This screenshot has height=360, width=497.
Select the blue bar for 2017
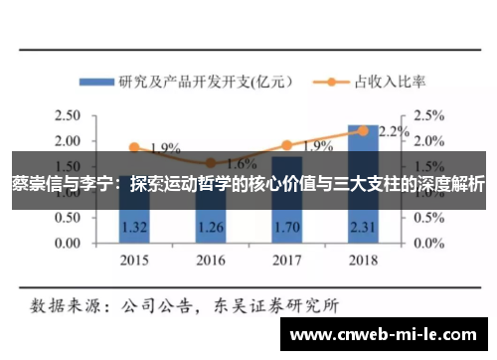click(286, 214)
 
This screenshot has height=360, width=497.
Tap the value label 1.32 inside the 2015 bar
click(133, 226)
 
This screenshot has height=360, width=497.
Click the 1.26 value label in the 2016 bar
click(210, 226)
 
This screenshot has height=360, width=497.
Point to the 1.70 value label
click(286, 226)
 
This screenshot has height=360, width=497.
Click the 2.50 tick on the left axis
click(69, 116)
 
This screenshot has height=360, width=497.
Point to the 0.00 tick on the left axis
click(69, 242)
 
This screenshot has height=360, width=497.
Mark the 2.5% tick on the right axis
click(429, 116)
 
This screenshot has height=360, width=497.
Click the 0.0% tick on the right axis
click(429, 242)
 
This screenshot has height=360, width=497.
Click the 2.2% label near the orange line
click(394, 131)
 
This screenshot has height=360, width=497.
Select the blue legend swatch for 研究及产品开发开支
click(96, 82)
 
